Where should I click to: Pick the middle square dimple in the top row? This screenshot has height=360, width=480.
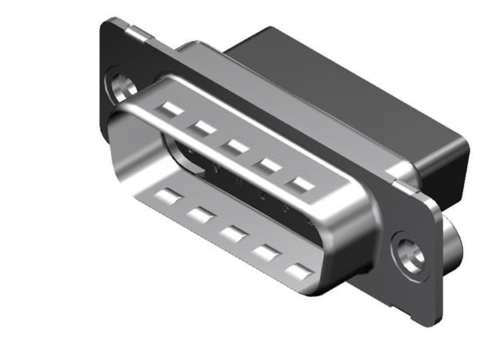click(x=236, y=146)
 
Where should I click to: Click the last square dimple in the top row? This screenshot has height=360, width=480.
click(x=302, y=186)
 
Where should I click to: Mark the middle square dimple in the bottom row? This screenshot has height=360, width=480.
click(x=233, y=234)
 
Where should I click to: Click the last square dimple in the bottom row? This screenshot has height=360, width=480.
click(x=298, y=273)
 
